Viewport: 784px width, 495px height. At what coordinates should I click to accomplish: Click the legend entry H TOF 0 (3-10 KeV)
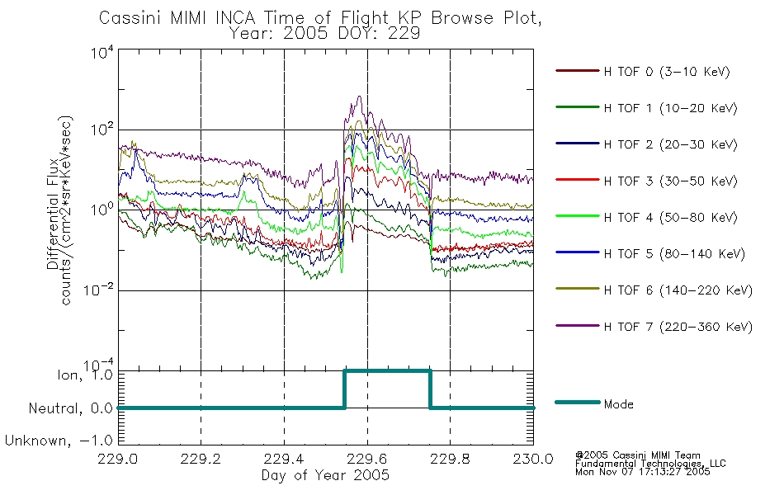coord(667,72)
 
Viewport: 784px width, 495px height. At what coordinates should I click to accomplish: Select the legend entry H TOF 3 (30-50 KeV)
coord(670,181)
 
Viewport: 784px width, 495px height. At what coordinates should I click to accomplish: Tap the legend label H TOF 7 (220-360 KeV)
coord(678,327)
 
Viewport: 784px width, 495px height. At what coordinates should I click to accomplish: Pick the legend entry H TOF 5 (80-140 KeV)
coord(674,254)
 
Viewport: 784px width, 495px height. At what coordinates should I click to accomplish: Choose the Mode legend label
coord(618,404)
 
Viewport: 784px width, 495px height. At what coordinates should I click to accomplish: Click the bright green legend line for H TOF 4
coord(578,216)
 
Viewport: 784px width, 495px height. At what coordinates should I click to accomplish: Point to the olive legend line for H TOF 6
coord(578,289)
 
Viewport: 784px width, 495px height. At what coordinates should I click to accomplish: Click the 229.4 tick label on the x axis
coord(284,459)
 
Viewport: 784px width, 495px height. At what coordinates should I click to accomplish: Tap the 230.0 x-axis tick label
coord(533,459)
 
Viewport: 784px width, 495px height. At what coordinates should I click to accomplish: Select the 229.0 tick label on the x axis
coord(118,459)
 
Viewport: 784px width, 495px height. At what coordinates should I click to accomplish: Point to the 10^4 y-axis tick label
coord(102,53)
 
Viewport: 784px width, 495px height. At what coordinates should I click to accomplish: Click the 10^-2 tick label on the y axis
coord(98,290)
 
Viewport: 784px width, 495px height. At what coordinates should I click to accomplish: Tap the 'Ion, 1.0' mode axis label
coord(84,375)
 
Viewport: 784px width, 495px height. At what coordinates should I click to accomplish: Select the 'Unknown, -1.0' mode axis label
coord(59,441)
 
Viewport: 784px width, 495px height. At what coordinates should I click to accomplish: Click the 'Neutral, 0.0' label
coord(70,408)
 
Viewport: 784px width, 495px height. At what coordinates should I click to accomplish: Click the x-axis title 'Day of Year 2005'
coord(325,475)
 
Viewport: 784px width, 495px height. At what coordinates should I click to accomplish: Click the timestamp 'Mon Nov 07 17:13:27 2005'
coord(643,472)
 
